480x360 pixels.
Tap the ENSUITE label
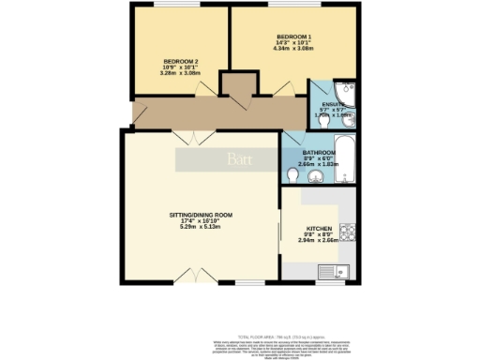point(335,104)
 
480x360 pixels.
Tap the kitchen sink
point(343,273)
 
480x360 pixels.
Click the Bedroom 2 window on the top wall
point(169,8)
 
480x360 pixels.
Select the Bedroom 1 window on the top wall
point(291,8)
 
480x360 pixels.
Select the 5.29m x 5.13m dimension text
point(201,231)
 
